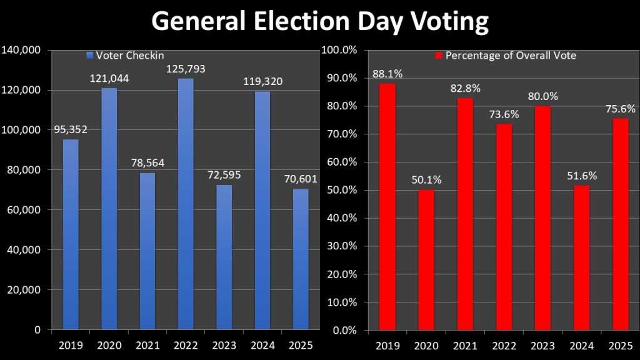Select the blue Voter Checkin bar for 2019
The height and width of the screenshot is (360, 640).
[71, 234]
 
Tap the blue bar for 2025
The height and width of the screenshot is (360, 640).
[301, 259]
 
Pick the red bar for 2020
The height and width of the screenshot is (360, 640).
[426, 259]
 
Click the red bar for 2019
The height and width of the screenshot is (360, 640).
[387, 206]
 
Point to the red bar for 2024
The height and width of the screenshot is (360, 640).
[582, 257]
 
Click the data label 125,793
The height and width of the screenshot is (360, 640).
[186, 69]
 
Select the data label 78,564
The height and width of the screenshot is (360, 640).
[147, 163]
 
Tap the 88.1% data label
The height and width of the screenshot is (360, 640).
[387, 74]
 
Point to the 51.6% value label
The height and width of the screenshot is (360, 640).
[582, 176]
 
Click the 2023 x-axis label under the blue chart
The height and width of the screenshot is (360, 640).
[224, 344]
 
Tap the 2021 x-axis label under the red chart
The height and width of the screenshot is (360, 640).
[465, 344]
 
